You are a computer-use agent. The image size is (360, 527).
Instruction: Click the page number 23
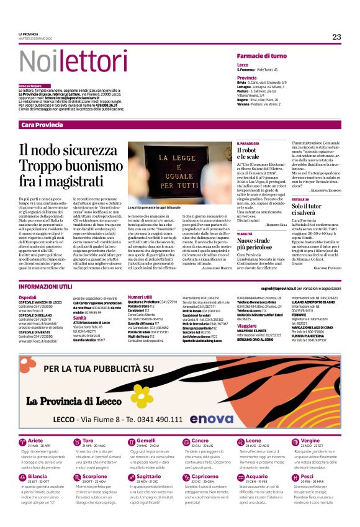pyautogui.click(x=336, y=37)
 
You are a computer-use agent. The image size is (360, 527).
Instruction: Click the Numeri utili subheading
pyautogui.click(x=144, y=297)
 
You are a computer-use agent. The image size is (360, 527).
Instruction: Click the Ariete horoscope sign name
pyautogui.click(x=35, y=441)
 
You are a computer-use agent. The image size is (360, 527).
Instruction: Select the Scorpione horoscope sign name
pyautogui.click(x=95, y=476)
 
